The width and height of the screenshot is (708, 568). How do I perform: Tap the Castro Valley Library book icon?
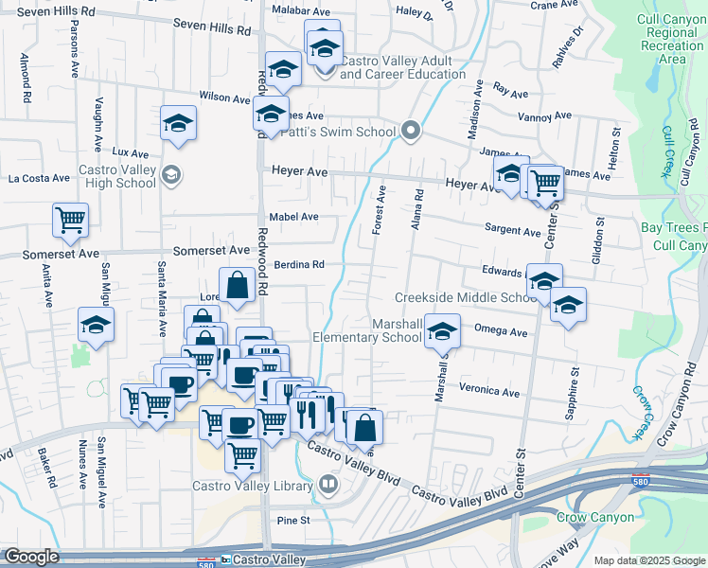(328, 485)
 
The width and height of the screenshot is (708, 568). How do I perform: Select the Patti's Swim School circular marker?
(410, 131)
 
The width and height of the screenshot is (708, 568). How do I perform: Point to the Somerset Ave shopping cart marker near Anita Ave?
(71, 221)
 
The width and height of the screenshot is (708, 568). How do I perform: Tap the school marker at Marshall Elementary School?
(440, 330)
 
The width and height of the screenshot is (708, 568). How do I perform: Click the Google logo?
(31, 557)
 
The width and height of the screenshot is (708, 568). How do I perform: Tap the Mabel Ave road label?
(293, 217)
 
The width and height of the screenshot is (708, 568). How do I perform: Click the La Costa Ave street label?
(39, 177)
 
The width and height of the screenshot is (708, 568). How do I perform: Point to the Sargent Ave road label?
(512, 230)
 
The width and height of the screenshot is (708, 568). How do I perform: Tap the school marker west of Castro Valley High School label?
(178, 124)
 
